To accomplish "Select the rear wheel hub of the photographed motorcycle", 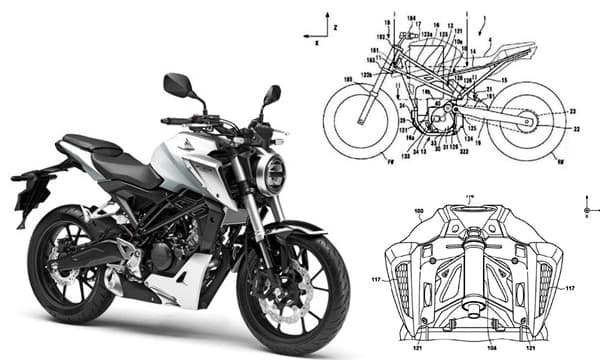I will pyautogui.click(x=72, y=263).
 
